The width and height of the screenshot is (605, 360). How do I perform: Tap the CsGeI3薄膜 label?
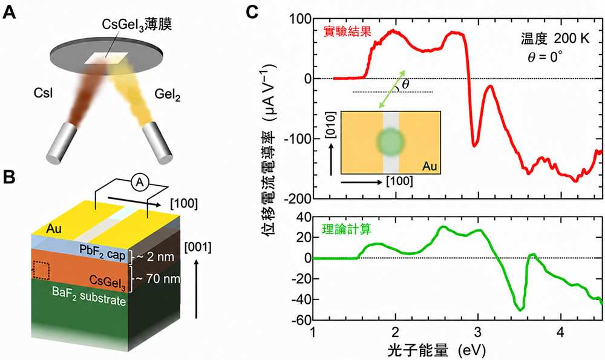pos(137,25)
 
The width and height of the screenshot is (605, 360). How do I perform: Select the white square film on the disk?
pos(106,57)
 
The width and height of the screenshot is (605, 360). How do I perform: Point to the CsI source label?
pos(43,93)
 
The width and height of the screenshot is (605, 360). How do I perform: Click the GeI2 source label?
pos(168,94)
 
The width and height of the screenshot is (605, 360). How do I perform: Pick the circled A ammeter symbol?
pos(140,183)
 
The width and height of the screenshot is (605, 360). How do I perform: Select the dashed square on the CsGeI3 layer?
pos(41,270)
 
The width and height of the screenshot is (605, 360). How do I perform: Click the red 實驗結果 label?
pos(347,31)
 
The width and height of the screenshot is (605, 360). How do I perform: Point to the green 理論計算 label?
pos(347,229)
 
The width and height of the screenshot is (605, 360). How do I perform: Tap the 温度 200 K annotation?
pos(555,38)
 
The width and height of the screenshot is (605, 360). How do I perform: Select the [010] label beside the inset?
pos(331,124)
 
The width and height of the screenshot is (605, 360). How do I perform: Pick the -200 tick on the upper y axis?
pos(298,198)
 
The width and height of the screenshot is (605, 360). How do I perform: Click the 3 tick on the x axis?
pos(478,332)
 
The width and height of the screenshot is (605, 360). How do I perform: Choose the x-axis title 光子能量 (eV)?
pos(436,350)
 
